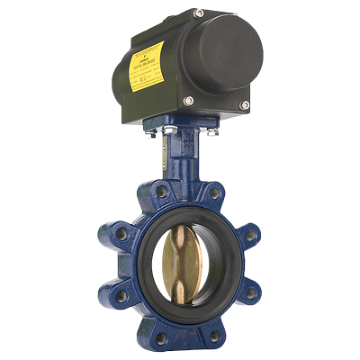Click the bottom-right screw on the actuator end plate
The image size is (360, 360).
[244, 105]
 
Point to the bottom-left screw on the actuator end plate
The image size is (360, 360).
[188, 99]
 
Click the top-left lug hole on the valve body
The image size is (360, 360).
[160, 192]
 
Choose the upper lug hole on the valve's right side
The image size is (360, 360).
[252, 235]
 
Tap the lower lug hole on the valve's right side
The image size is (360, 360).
[252, 292]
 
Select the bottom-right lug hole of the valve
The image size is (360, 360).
[215, 336]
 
